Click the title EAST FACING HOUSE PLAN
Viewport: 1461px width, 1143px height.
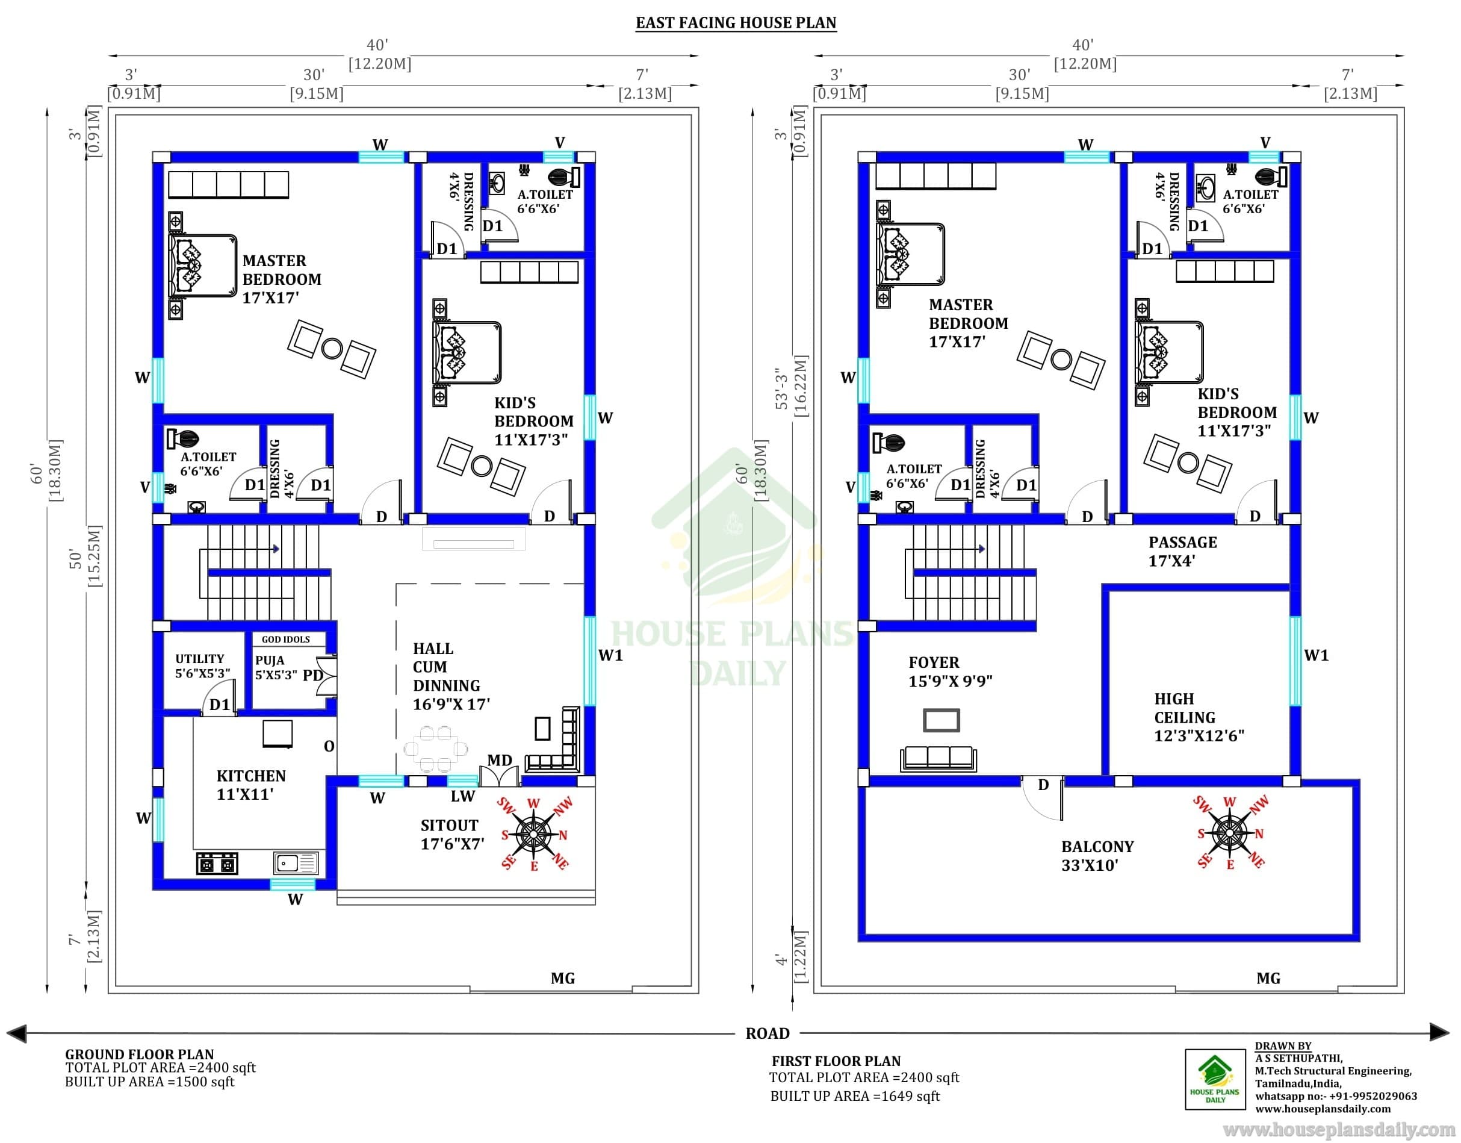click(736, 23)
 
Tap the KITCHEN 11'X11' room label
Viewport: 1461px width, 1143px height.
click(251, 785)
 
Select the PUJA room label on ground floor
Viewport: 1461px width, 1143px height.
click(270, 661)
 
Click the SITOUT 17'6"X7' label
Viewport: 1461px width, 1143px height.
click(452, 835)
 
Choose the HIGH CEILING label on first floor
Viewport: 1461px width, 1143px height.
click(1185, 708)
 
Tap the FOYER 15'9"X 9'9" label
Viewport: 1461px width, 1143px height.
click(950, 672)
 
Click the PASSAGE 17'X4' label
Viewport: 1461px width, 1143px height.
click(1183, 552)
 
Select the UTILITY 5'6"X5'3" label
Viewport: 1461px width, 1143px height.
click(202, 666)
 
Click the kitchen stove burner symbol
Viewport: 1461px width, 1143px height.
click(217, 864)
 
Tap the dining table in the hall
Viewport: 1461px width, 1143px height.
click(436, 748)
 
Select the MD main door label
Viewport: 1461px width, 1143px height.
click(500, 760)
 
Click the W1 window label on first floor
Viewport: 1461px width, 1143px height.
click(1317, 655)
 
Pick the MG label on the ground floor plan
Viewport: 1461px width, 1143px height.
click(563, 979)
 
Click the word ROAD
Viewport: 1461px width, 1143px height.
click(768, 1033)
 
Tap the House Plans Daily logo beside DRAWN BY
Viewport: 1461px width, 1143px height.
click(1215, 1079)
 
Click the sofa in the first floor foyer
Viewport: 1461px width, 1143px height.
click(938, 758)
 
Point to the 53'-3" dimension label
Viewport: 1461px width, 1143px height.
click(778, 388)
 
